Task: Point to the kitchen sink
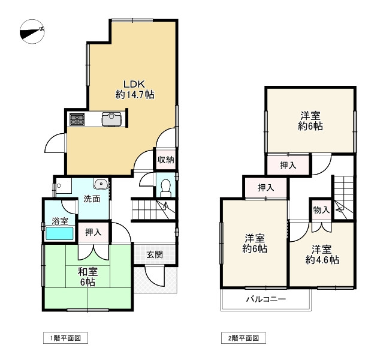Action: pos(112,119)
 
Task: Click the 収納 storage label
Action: pos(166,160)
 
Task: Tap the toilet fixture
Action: pos(166,188)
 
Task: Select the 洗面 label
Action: pos(91,199)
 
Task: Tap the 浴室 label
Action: pos(59,221)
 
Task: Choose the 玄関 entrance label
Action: pos(154,254)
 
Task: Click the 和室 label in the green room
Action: pos(87,271)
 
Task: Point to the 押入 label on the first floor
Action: pos(93,232)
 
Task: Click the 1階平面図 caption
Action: pos(65,338)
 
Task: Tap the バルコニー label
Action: pos(266,299)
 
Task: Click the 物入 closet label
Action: pos(321,210)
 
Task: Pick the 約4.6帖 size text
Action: pos(322,260)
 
